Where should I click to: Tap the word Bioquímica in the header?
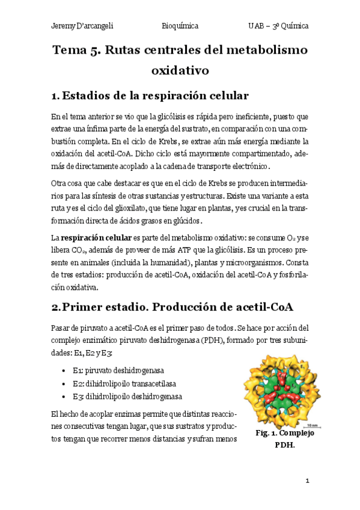tap(180, 26)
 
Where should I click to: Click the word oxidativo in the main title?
tap(180, 70)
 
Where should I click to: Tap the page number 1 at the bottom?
tap(307, 481)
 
